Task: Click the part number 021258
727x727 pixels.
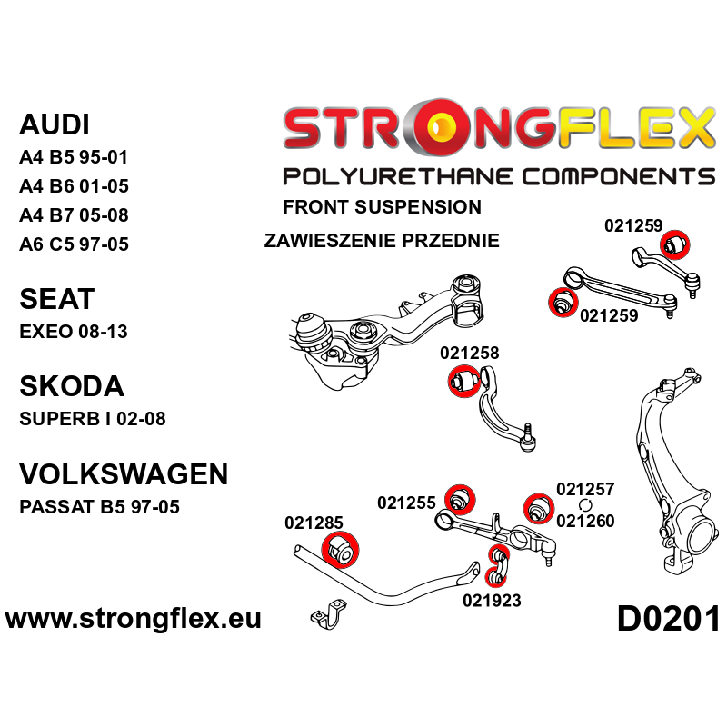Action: [x=470, y=353]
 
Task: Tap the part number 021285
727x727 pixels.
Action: [x=314, y=523]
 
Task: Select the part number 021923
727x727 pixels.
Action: [x=492, y=601]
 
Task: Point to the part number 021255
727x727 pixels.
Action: [x=406, y=503]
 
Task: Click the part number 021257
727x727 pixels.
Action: [x=585, y=489]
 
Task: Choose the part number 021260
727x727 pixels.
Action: [x=585, y=521]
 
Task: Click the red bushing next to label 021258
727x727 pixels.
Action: [x=464, y=381]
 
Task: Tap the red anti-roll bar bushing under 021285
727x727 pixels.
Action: [x=340, y=551]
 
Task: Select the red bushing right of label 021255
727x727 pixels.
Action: [x=460, y=500]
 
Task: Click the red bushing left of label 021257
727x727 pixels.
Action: [x=539, y=508]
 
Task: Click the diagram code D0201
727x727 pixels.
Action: [x=669, y=620]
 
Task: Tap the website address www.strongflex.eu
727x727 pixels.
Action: [x=133, y=619]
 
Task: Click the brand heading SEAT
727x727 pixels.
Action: [x=57, y=299]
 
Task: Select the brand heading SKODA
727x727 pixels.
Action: [x=72, y=386]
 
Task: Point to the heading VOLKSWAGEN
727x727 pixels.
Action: [x=124, y=473]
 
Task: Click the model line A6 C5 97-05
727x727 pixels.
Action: [x=74, y=244]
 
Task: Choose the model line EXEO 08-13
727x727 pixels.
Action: [x=74, y=332]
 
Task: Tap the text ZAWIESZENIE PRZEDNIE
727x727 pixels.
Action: [x=382, y=241]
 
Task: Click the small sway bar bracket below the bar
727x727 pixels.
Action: [x=328, y=614]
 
